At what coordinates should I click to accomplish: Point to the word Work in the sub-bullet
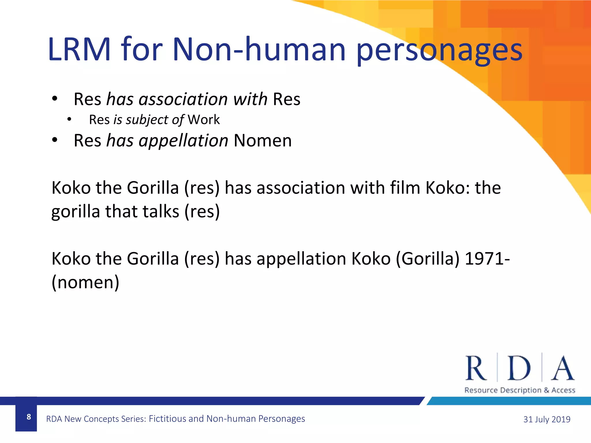204,120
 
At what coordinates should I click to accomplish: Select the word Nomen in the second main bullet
263,141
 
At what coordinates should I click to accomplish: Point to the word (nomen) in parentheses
85,282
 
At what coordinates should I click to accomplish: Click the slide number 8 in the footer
29,417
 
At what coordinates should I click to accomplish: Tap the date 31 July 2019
547,419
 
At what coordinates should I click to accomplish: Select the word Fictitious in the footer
167,418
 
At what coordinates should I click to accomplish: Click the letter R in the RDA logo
476,368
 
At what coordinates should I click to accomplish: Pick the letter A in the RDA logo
562,368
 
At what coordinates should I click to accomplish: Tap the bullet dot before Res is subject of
69,119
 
